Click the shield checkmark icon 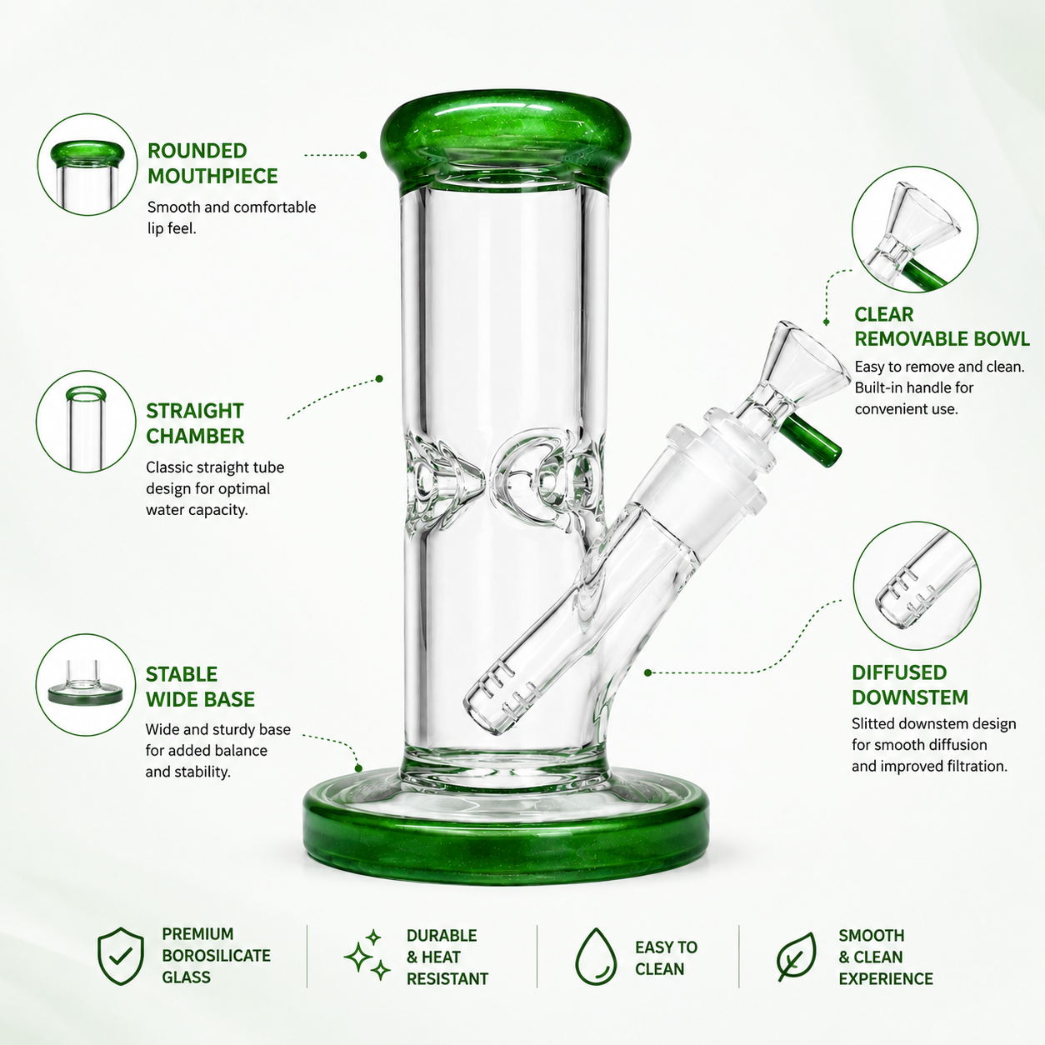point(120,956)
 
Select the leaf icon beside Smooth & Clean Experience point(796,957)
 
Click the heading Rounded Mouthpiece point(212,163)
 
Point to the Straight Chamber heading point(195,423)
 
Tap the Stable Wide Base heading point(200,687)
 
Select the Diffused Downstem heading point(910,685)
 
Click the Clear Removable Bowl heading point(942,327)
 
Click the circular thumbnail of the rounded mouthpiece point(87,164)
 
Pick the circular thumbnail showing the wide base point(86,684)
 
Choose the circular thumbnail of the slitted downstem point(917,586)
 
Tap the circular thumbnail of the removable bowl point(915,229)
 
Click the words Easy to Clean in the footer point(666,957)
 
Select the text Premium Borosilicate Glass point(216,956)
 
